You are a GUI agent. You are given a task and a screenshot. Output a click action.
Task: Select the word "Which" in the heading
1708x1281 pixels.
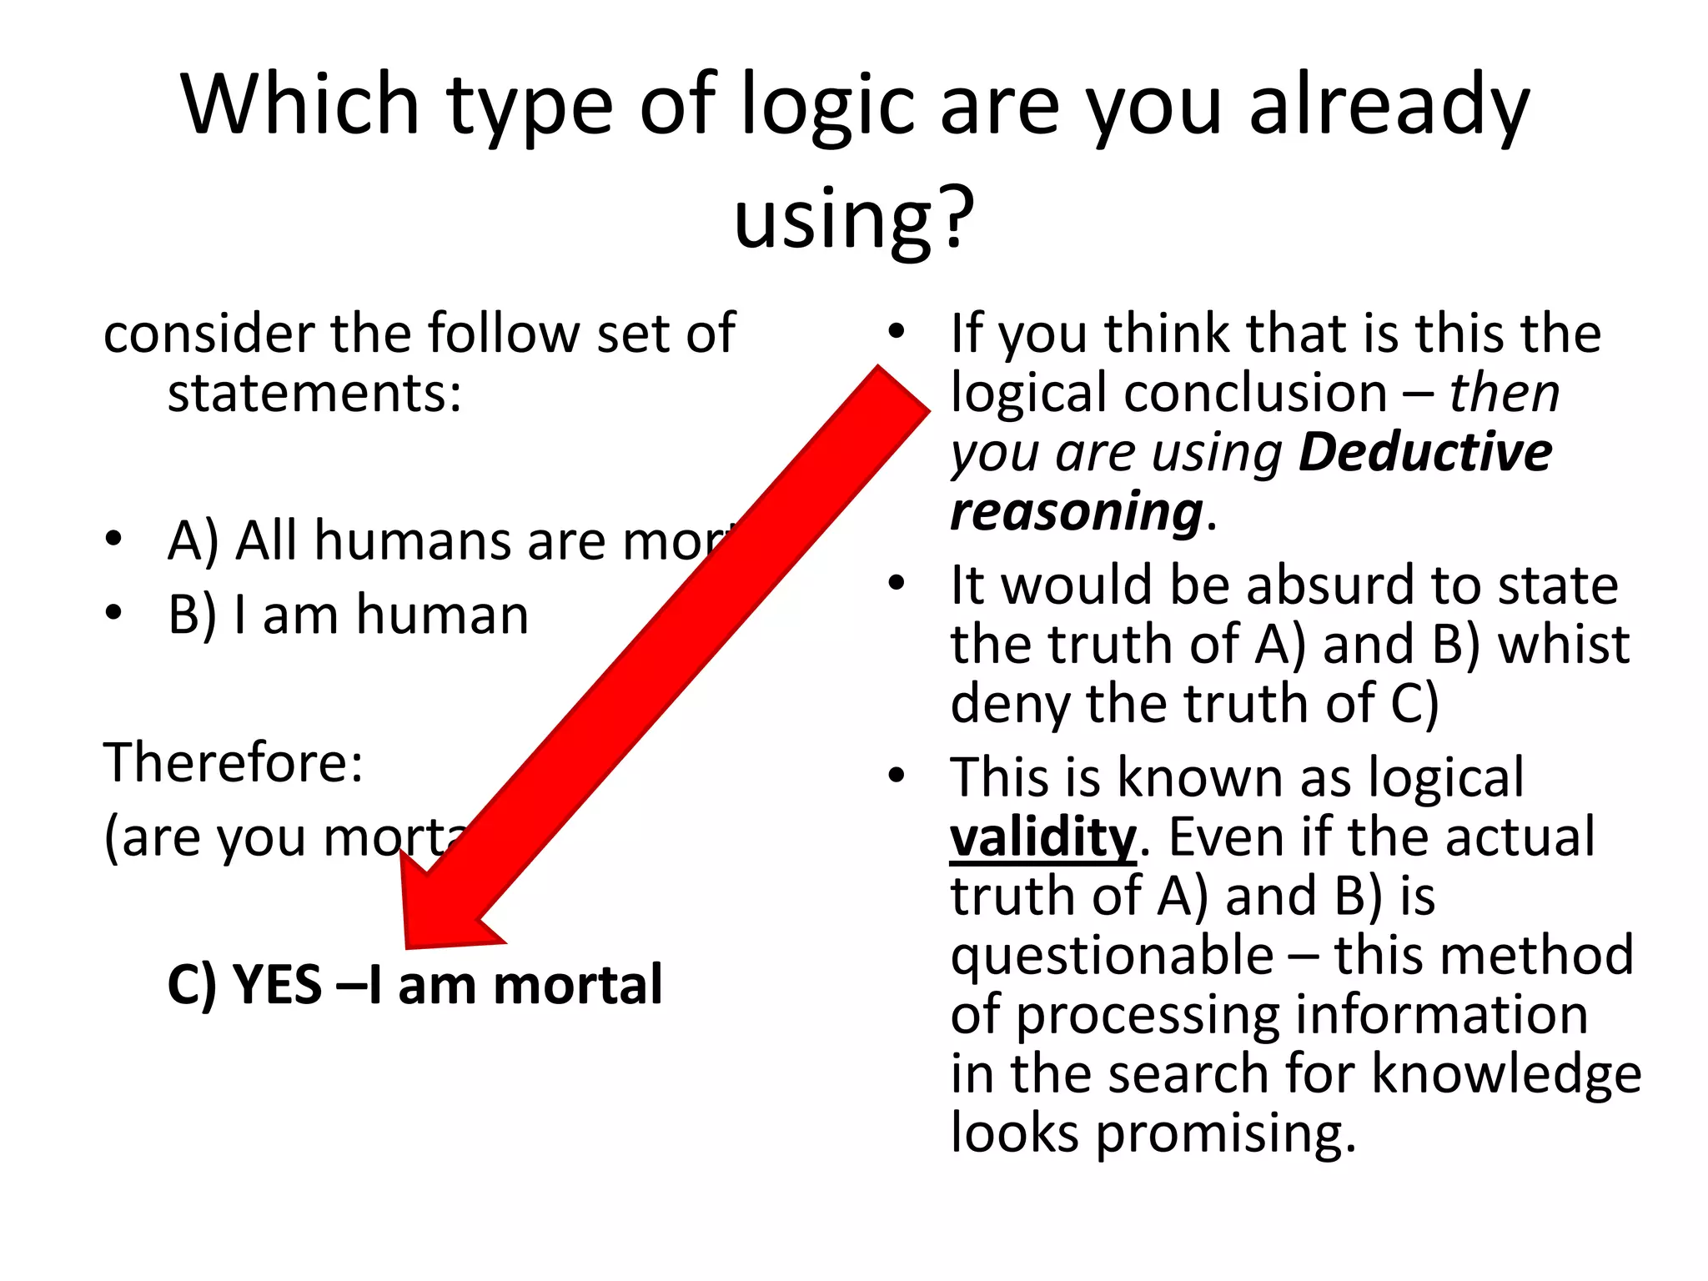tap(300, 105)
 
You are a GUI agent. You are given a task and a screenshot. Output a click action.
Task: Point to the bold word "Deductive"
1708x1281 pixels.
tap(1425, 453)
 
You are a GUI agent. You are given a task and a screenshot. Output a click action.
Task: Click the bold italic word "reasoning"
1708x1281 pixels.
tap(1076, 512)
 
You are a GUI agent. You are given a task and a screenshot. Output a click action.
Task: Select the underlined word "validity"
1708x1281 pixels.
tap(1043, 837)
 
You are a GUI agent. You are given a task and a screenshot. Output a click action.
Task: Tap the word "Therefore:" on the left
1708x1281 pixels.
tap(234, 763)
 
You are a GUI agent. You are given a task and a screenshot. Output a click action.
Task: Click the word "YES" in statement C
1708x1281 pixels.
tap(277, 985)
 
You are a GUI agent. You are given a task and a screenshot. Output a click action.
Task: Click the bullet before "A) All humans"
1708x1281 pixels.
tap(114, 539)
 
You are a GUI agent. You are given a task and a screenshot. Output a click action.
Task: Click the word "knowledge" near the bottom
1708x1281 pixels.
tap(1506, 1074)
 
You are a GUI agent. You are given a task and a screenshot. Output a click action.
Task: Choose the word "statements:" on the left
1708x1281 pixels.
tap(314, 393)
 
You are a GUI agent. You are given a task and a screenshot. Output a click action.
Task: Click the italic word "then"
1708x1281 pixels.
tap(1504, 393)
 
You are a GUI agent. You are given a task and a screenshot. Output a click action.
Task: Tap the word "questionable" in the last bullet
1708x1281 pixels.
tap(1112, 956)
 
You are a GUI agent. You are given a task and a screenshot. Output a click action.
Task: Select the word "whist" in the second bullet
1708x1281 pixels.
tap(1563, 645)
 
